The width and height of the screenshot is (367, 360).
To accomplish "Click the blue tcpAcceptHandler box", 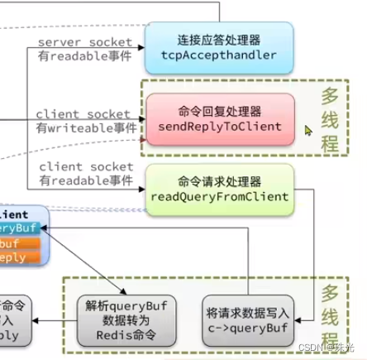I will pyautogui.click(x=219, y=47).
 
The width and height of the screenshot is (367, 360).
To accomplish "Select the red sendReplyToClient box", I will pyautogui.click(x=220, y=118).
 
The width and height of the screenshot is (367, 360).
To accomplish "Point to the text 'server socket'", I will pyautogui.click(x=85, y=41).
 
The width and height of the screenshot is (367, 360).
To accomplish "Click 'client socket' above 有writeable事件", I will pyautogui.click(x=83, y=114).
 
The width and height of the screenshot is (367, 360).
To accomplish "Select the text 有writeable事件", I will pyautogui.click(x=86, y=128).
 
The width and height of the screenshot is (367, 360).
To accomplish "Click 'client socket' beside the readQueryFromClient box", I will pyautogui.click(x=86, y=167).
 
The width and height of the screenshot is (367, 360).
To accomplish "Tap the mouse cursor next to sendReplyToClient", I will pyautogui.click(x=308, y=130).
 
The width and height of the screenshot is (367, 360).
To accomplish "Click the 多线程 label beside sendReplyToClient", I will pyautogui.click(x=330, y=118).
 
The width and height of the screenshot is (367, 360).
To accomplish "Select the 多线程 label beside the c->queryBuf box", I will pyautogui.click(x=330, y=317).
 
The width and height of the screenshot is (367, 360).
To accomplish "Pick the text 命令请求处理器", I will pyautogui.click(x=219, y=181).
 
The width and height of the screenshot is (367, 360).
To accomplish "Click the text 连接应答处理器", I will pyautogui.click(x=219, y=40).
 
